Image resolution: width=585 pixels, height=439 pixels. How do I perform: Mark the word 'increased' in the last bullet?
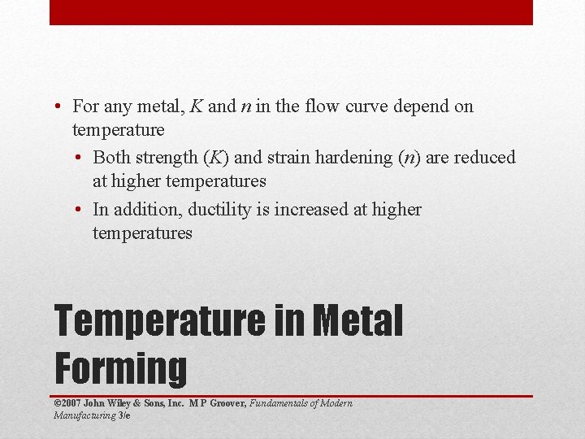(312, 209)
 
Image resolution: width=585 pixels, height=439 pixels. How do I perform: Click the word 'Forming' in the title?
(120, 367)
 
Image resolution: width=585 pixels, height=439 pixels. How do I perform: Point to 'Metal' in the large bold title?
(357, 320)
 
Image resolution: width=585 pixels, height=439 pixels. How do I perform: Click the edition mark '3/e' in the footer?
(123, 415)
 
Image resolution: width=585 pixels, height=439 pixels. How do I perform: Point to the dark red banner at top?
(291, 12)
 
